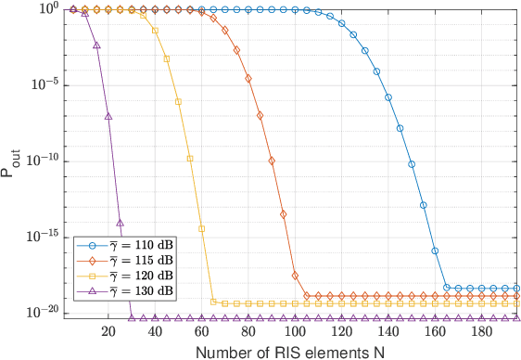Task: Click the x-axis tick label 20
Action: pyautogui.click(x=108, y=330)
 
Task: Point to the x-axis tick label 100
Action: pyautogui.click(x=295, y=330)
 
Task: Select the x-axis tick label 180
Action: pyautogui.click(x=482, y=330)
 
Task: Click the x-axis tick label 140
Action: pyautogui.click(x=388, y=330)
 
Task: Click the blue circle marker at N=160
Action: pyautogui.click(x=436, y=251)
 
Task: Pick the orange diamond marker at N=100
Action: pyautogui.click(x=295, y=276)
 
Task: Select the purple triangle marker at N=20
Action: pyautogui.click(x=108, y=117)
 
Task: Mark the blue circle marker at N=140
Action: pyautogui.click(x=388, y=96)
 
